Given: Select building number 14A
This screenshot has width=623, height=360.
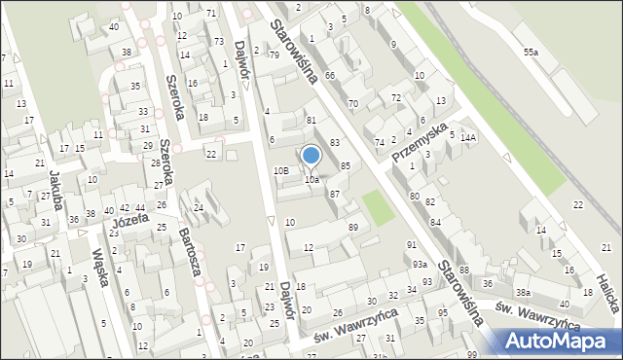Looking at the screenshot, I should pyautogui.click(x=468, y=138).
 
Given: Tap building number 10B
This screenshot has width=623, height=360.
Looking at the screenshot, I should pyautogui.click(x=281, y=170).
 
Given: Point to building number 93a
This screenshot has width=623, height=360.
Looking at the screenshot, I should pyautogui.click(x=419, y=264).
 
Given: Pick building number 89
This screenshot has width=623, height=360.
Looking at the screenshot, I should pyautogui.click(x=352, y=227).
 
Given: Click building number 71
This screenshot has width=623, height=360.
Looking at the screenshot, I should pyautogui.click(x=211, y=13).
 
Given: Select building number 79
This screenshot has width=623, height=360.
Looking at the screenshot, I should pyautogui.click(x=274, y=54).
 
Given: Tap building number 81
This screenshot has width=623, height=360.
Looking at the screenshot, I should pyautogui.click(x=311, y=120).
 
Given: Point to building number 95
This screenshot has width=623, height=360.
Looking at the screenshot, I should pyautogui.click(x=443, y=312).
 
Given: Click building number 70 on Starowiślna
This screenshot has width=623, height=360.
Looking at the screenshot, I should pyautogui.click(x=352, y=103).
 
